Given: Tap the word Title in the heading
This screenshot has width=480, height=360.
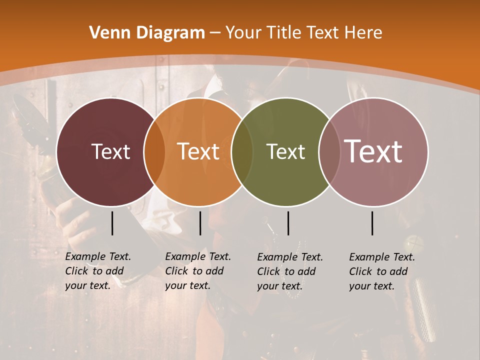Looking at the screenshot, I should click(283, 33).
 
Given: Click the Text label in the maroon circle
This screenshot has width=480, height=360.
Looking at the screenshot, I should click(110, 151).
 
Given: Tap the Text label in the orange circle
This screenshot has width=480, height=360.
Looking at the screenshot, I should click(198, 151).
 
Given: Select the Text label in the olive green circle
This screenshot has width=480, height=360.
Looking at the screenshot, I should click(286, 151).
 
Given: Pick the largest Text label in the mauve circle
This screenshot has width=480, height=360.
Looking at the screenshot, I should click(373, 151).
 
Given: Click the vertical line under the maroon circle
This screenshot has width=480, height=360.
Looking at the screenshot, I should click(112, 223).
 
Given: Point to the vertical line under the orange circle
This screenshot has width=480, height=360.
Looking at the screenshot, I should click(200, 223).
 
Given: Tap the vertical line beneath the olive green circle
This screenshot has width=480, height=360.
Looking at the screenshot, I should click(288, 223).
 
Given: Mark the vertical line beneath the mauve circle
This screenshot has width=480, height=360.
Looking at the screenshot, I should click(372, 223).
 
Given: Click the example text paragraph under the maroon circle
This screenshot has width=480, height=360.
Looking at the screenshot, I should click(98, 271).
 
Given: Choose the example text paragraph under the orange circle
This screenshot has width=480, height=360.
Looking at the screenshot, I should click(198, 271).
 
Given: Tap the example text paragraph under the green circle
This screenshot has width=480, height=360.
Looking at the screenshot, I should click(290, 271).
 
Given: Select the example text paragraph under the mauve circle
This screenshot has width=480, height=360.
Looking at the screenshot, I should click(382, 271).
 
